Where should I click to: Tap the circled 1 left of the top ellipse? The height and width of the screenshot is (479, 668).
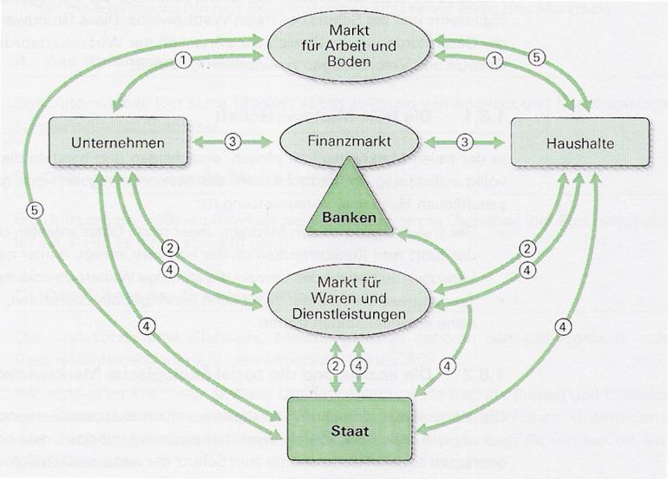[x=182, y=61]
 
